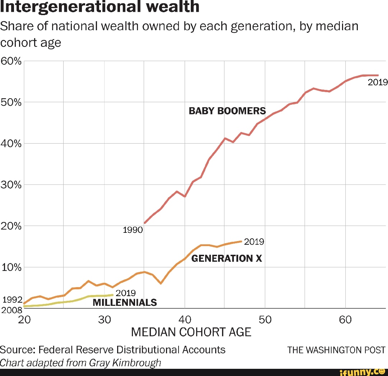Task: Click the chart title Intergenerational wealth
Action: click(100, 6)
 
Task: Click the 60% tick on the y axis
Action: click(11, 61)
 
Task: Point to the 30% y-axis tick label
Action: click(11, 185)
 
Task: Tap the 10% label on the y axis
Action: click(11, 268)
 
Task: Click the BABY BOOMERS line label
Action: click(227, 111)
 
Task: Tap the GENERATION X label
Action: click(227, 258)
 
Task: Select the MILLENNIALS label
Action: click(125, 302)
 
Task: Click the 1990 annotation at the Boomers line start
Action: click(133, 230)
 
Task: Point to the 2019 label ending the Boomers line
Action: click(378, 82)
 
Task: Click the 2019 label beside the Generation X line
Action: click(254, 242)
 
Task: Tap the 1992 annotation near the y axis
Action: click(12, 300)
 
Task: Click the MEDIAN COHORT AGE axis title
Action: click(191, 332)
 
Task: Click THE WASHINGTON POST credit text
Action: click(336, 350)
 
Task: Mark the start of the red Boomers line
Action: click(144, 223)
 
